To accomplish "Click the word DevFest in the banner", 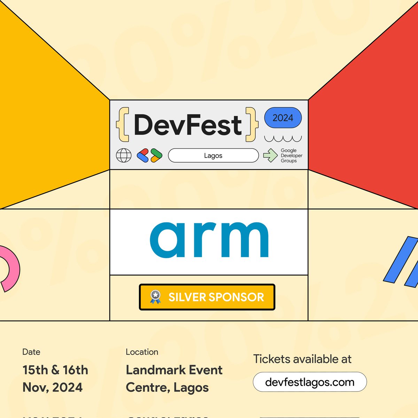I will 187,125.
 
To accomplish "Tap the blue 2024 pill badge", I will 283,118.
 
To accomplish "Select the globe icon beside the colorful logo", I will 124,155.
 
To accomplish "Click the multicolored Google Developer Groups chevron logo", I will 149,155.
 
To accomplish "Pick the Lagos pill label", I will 213,155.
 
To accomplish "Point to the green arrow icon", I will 270,155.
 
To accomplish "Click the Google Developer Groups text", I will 291,155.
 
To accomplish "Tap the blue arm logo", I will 209,240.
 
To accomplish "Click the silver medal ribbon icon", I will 155,297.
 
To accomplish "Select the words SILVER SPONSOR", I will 216,297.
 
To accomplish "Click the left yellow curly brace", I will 123,124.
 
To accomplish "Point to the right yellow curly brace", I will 252,124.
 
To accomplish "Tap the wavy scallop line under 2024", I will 283,139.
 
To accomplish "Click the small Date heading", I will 31,352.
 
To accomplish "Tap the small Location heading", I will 142,352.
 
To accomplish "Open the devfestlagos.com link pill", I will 310,382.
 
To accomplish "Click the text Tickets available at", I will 302,359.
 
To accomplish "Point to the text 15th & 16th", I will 55,370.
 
